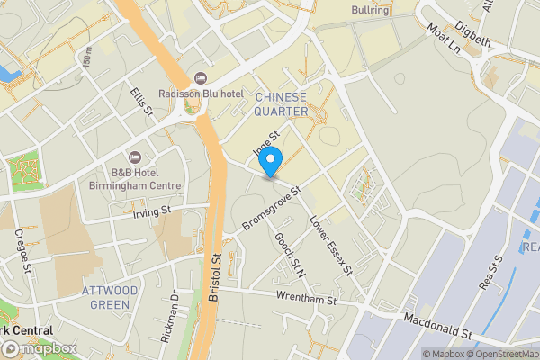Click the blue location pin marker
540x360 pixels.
point(271,163)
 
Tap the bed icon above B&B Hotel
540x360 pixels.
point(136,157)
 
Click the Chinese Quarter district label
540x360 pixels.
point(281,103)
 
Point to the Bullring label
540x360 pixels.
point(369,12)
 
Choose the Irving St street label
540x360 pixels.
point(150,212)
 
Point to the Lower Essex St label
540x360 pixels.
point(331,244)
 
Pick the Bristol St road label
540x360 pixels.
point(217,276)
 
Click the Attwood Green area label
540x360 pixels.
point(110,297)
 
